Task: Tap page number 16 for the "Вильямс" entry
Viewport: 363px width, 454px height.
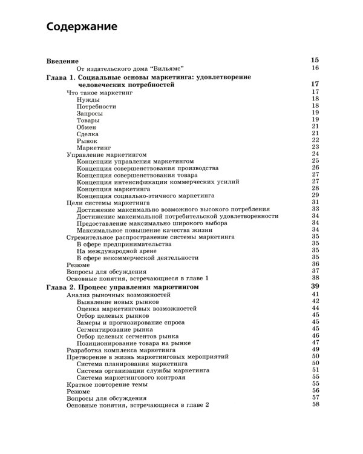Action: click(x=315, y=68)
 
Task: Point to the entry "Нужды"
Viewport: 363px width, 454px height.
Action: click(x=88, y=99)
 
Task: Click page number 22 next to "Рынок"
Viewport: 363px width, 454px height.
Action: click(x=315, y=140)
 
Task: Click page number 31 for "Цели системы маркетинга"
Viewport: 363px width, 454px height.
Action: click(x=315, y=202)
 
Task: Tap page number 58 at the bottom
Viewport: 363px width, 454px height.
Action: click(x=315, y=404)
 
